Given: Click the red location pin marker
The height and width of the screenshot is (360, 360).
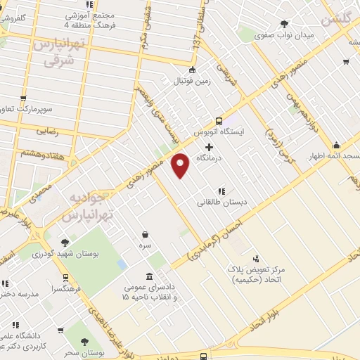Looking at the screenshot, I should [181, 164].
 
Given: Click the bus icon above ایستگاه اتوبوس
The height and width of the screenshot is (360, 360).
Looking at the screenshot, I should [219, 120].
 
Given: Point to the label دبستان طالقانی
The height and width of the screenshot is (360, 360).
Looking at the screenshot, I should [221, 202].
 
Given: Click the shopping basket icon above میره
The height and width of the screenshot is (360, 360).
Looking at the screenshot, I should [145, 235].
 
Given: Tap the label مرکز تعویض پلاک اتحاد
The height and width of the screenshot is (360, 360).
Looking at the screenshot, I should [255, 274].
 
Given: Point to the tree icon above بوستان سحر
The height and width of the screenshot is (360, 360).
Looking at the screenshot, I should [85, 342].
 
